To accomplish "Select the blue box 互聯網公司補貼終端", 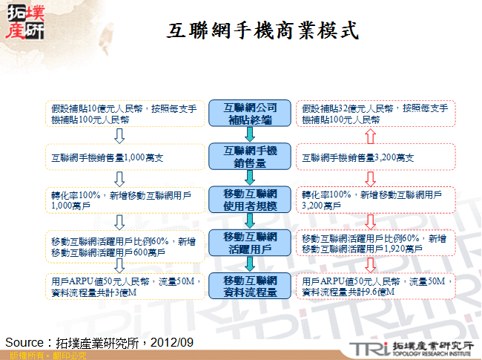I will click(x=251, y=113).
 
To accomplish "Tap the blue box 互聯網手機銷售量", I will click(x=251, y=156).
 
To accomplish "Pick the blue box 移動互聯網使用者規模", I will click(x=251, y=199).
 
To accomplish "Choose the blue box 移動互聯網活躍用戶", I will click(x=251, y=242).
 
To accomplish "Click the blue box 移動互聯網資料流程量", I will click(x=251, y=286).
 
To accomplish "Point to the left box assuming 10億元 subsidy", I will click(x=124, y=113).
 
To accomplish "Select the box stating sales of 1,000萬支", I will click(x=124, y=157).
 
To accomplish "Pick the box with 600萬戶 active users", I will click(x=124, y=246).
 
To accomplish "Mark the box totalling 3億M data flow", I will click(x=124, y=287).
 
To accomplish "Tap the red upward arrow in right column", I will click(x=371, y=135).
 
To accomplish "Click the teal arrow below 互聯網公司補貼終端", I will click(x=251, y=134).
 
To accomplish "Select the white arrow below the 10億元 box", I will click(x=118, y=135).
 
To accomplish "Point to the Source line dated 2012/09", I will click(x=99, y=342).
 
